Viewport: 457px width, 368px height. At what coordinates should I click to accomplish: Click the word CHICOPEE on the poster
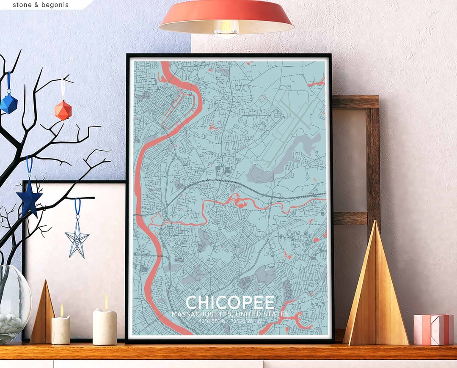230,302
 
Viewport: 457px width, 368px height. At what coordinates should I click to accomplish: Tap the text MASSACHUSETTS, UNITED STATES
230,314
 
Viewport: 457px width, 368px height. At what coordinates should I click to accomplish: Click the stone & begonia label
41,5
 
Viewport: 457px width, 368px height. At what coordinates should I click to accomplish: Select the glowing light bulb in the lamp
226,29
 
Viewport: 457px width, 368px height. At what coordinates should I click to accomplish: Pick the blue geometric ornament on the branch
8,103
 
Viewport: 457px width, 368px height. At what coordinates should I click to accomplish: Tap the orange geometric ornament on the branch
63,110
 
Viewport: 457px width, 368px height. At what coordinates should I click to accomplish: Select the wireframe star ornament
77,240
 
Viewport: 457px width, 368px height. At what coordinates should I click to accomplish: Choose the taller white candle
105,327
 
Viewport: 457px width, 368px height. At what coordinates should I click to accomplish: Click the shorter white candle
61,330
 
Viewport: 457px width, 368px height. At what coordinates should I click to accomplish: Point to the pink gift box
433,330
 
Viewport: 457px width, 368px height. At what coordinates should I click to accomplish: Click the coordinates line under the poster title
230,321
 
